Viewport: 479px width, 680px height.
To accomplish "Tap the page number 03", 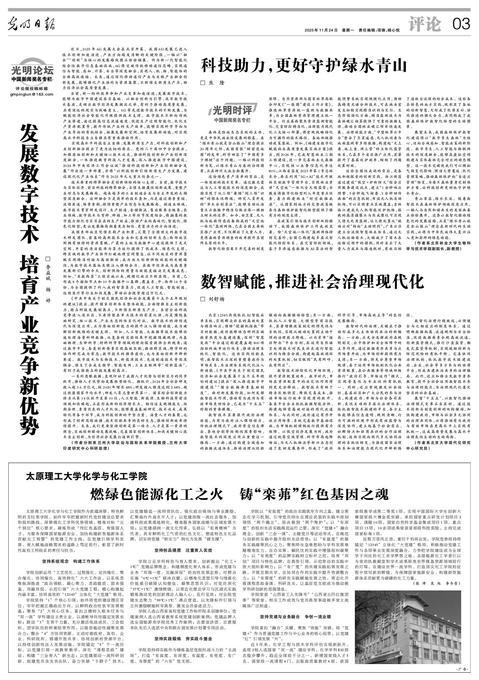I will [461, 25].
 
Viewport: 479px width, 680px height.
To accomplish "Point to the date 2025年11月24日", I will [321, 30].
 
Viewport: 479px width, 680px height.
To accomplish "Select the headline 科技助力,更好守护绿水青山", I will [304, 65].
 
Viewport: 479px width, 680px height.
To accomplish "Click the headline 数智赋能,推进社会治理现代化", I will [312, 282].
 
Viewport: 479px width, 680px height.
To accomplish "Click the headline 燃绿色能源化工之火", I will [156, 494].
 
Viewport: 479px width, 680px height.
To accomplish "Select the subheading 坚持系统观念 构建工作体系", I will [71, 561].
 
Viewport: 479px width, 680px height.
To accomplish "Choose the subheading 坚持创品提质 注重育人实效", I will [183, 550].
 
